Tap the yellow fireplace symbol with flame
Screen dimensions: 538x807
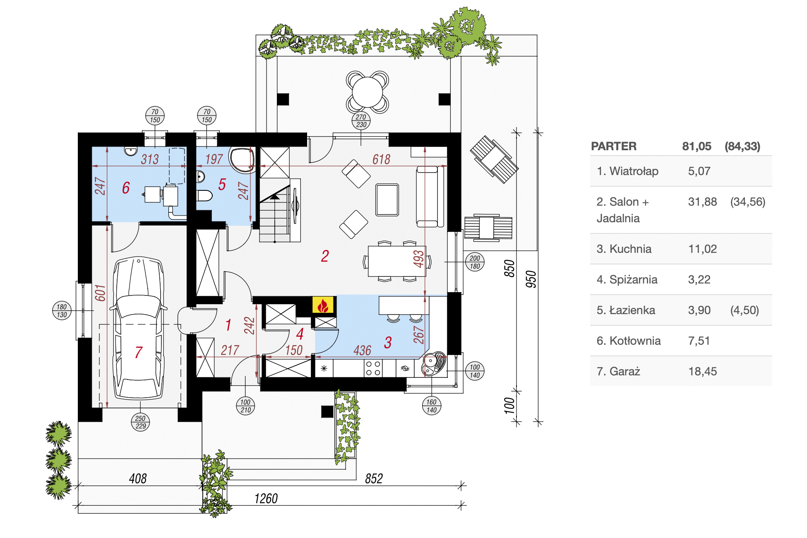point(323,305)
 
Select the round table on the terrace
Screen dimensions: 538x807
point(367,92)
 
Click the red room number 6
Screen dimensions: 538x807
point(126,188)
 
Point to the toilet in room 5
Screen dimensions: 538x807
point(204,195)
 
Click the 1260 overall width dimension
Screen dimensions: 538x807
point(266,499)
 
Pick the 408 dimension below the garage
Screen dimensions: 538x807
point(138,479)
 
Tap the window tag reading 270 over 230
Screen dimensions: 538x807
point(361,121)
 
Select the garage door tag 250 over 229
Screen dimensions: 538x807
point(141,422)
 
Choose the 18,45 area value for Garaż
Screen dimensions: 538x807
point(702,371)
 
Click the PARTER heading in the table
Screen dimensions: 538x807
point(614,146)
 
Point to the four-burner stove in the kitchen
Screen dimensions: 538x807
point(373,368)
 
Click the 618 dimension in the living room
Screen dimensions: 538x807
point(381,159)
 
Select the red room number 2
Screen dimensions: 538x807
point(325,256)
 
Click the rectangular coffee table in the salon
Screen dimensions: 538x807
point(387,200)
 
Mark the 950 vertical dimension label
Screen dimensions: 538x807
point(531,279)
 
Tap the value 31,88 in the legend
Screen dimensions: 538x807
point(702,202)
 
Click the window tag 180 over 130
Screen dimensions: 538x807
point(62,311)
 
